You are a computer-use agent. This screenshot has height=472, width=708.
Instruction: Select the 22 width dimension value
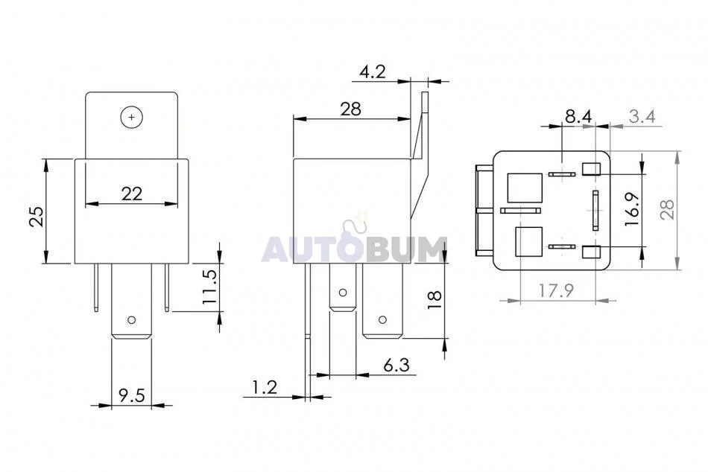[132, 194]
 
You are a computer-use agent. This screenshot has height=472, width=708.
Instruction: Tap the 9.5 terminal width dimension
[131, 395]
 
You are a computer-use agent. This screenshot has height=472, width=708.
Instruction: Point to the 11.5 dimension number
[209, 287]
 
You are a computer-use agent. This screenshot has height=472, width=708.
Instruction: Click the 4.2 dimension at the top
[373, 71]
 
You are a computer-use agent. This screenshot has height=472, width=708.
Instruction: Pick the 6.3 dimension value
[396, 365]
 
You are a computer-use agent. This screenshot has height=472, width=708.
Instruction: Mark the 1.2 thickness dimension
[265, 387]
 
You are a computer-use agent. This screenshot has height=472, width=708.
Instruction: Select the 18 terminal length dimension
[434, 299]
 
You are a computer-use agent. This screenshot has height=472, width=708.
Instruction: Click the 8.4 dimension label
[578, 116]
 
